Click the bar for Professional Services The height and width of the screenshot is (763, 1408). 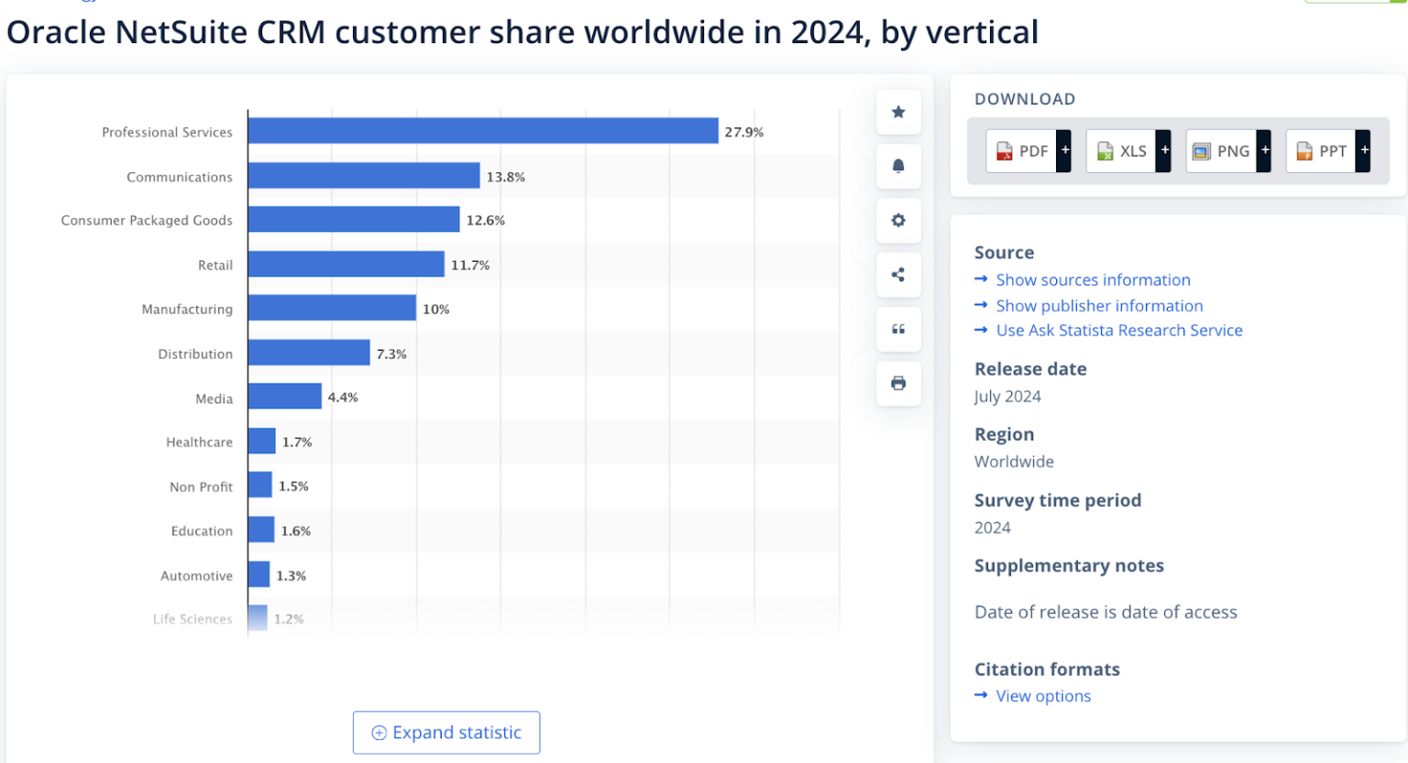482,131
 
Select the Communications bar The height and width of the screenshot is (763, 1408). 363,176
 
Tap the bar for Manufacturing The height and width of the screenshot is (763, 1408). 332,308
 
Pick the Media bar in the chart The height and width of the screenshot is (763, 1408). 284,397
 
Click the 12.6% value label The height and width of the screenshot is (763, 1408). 485,220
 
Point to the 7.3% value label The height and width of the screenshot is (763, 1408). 391,354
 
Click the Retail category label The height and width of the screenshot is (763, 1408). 215,265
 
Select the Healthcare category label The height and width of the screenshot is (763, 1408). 199,441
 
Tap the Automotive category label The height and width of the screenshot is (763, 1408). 196,575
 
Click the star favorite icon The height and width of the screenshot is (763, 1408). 898,112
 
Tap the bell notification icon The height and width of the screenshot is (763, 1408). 898,166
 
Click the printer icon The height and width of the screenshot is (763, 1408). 898,383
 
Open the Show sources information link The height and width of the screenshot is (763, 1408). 1093,279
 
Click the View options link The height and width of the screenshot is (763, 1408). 1043,696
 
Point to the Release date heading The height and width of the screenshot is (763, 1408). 1030,369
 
